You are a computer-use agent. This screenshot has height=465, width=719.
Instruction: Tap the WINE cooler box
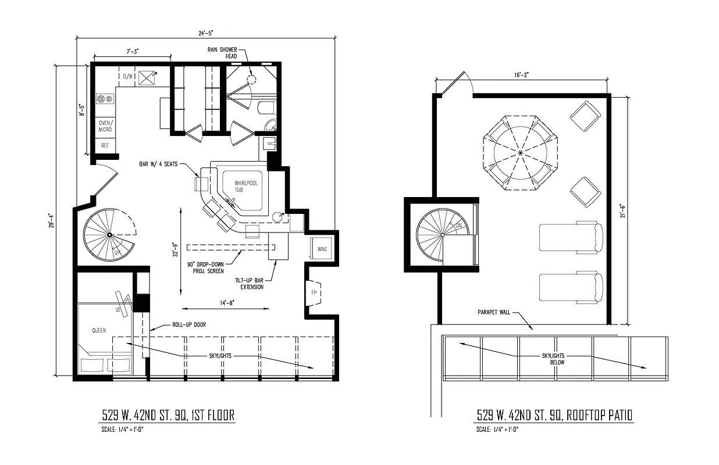click(322, 249)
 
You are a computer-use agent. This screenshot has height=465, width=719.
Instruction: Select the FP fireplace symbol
click(314, 292)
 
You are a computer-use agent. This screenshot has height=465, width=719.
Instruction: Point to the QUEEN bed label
click(99, 330)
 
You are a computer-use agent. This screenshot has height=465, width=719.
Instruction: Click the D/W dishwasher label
click(128, 76)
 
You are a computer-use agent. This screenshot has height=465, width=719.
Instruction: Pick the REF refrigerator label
click(105, 145)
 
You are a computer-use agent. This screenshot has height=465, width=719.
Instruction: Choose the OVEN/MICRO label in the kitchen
click(105, 126)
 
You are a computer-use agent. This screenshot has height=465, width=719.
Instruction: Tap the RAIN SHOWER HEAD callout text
click(222, 53)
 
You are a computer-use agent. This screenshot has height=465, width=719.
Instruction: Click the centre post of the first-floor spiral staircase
click(109, 234)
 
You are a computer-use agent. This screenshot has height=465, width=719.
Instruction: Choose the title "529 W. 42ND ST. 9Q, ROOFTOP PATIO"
click(554, 415)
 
